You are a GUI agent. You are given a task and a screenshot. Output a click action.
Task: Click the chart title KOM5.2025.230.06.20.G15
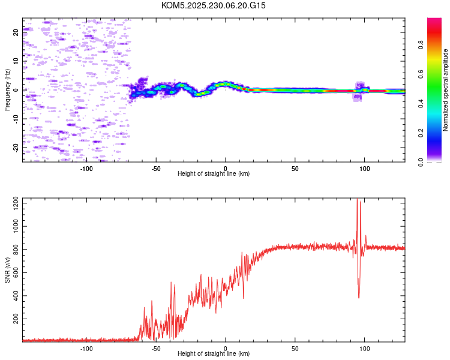pos(214,5)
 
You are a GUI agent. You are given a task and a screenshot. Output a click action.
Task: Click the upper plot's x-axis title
pos(214,173)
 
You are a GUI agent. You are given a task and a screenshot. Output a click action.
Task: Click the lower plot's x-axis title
pos(214,353)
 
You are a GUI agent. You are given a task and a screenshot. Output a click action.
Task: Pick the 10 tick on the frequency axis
pos(16,61)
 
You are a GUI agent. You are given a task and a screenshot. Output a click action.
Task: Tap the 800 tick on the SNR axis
pos(15,250)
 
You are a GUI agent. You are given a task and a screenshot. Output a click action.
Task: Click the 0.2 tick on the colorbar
pos(438,133)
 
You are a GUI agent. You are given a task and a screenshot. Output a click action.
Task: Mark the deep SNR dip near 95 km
pos(359,297)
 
